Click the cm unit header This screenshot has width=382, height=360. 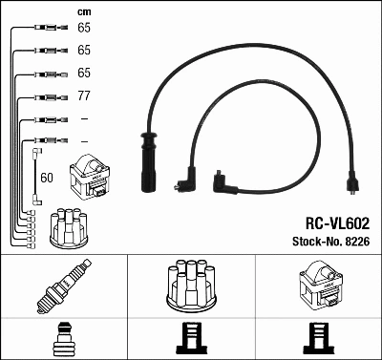(83, 11)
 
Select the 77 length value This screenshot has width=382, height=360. (83, 96)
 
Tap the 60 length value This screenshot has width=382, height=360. (47, 176)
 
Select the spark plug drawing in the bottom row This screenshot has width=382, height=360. (64, 286)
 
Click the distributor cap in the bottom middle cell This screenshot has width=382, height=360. (191, 285)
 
